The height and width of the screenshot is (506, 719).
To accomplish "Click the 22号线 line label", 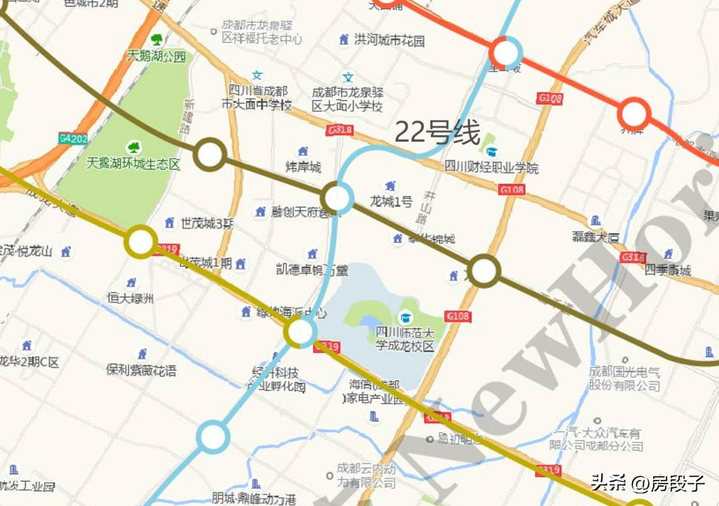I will tap(437, 132).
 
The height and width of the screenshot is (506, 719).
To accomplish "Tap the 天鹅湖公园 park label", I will tap(156, 57).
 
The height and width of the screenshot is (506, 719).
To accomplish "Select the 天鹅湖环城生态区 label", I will tap(134, 163).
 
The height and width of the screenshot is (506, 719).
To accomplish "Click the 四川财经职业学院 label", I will tap(491, 167).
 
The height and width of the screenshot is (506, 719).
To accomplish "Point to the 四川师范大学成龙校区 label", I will tap(405, 339).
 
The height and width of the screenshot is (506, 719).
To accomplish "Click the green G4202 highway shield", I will tap(73, 138).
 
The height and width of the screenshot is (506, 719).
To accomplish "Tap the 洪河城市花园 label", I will tap(389, 41).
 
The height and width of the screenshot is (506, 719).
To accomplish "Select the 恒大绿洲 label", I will tap(130, 298).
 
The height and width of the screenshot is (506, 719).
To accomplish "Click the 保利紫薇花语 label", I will tap(142, 370).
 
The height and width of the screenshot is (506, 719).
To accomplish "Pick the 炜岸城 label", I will tap(303, 166).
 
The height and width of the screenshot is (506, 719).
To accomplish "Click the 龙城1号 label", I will tap(391, 201).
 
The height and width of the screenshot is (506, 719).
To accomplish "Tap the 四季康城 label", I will tap(668, 270).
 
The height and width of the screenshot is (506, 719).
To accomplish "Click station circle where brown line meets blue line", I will tap(337, 198).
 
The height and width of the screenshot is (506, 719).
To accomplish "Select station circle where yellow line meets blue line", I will tap(300, 332).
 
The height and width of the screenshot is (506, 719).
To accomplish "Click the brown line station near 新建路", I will tap(210, 154).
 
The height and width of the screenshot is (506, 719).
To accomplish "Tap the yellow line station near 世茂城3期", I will tap(141, 242).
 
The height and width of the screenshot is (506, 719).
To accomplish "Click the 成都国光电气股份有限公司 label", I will tap(624, 379).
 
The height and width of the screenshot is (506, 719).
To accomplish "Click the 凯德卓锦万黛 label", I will tap(312, 270).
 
